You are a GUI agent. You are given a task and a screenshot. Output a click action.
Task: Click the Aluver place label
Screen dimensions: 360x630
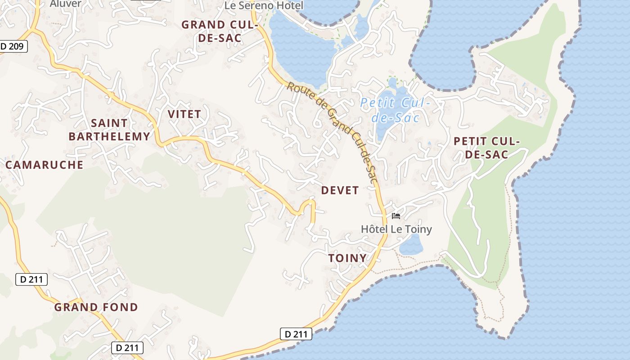[x=66, y=4]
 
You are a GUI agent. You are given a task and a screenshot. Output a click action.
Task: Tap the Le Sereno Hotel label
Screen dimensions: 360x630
[x=264, y=5]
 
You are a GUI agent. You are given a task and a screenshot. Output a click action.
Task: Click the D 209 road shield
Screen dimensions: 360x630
[x=13, y=46]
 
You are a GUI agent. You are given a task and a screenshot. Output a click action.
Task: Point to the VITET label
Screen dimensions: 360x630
[x=184, y=114]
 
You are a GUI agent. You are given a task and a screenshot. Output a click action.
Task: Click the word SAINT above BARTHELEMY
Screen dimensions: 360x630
[x=109, y=123]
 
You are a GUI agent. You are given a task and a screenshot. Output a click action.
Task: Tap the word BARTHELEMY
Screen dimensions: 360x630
[x=109, y=137]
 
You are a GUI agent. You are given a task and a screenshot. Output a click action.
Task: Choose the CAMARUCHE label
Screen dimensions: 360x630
[x=45, y=165]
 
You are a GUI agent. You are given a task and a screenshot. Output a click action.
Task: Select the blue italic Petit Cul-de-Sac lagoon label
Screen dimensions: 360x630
[x=395, y=110]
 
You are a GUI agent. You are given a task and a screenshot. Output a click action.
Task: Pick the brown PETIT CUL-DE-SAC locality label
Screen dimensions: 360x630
[x=486, y=148]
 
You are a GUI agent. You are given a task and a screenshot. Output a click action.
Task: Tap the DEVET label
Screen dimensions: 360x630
[x=340, y=190]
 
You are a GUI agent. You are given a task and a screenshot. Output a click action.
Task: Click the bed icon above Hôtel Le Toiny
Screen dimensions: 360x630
[x=396, y=216]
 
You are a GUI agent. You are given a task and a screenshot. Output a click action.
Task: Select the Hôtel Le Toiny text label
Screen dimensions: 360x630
[x=396, y=229]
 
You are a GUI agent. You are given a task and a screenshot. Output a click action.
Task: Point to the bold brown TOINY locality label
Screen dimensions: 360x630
[x=347, y=258]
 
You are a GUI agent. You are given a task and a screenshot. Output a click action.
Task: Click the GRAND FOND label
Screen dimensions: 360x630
[x=96, y=307]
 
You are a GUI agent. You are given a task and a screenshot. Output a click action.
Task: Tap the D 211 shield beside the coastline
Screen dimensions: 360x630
[x=296, y=334]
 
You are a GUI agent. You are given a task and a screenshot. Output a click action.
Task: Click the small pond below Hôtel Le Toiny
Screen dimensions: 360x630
[x=411, y=246]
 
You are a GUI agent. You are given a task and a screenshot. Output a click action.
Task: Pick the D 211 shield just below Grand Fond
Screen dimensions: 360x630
[x=127, y=347]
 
